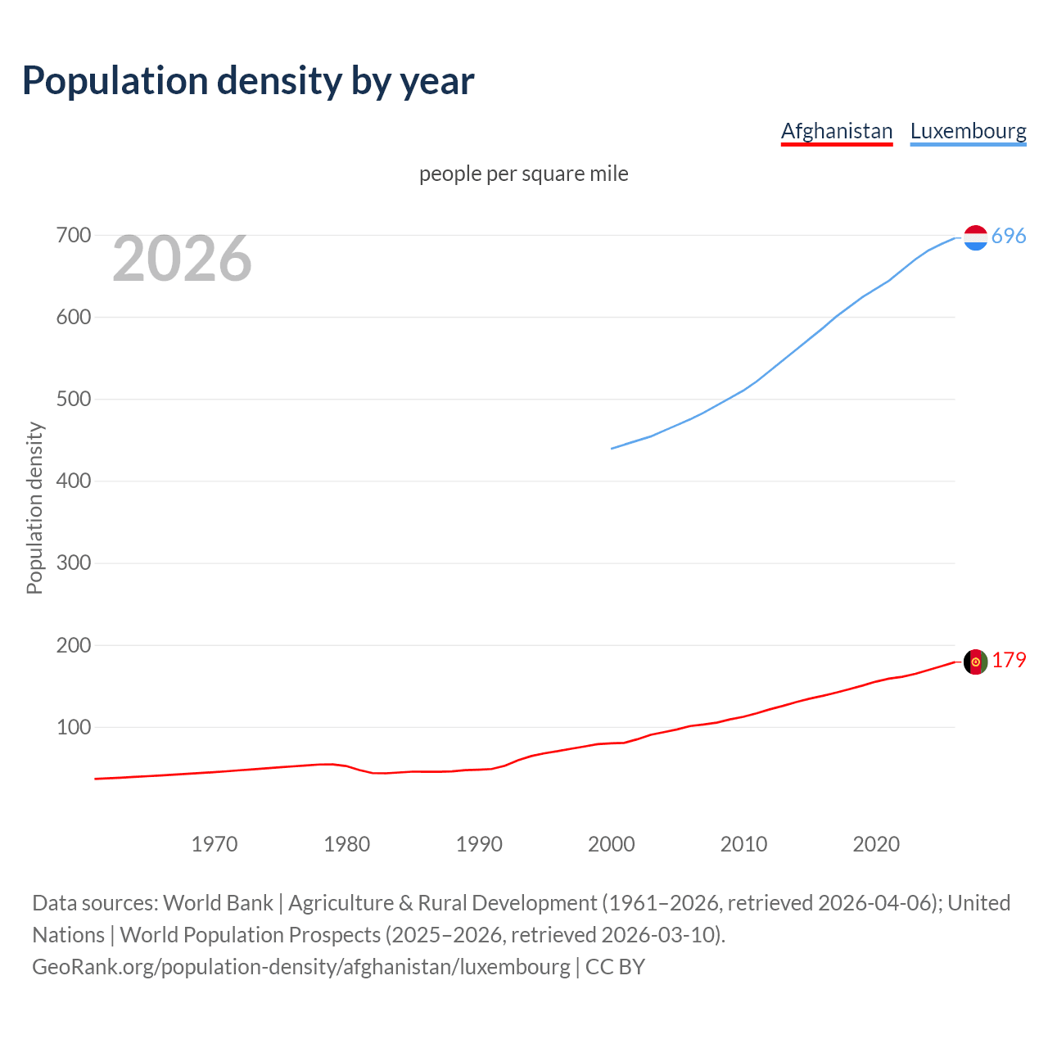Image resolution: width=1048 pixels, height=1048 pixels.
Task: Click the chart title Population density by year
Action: pos(248,81)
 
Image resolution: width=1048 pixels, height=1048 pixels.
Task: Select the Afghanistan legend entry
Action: pos(836,131)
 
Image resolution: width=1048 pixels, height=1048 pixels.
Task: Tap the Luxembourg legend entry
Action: pos(968,131)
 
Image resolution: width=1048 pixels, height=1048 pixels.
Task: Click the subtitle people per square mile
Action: pos(523,174)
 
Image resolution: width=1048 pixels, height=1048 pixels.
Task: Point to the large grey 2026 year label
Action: pos(182,259)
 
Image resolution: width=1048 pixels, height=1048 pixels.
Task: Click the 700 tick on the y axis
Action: pos(73,236)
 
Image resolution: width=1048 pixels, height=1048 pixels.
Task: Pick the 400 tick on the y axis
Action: pos(73,481)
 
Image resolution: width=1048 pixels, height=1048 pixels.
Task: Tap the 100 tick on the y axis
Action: pos(73,727)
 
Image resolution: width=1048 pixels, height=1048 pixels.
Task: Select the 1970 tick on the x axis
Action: pos(215,844)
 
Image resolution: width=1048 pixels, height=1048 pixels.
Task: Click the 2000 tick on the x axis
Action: pos(612,844)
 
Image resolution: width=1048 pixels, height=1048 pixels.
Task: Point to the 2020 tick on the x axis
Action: pos(876,844)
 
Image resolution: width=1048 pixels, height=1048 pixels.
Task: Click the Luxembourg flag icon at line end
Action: pos(975,237)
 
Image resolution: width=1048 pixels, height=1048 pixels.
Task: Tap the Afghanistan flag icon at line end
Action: pos(975,662)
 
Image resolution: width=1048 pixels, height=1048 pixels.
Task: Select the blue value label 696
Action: pos(1009,236)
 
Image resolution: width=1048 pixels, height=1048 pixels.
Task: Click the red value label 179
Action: pos(1009,660)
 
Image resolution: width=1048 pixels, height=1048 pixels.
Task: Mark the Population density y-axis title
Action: pos(34,508)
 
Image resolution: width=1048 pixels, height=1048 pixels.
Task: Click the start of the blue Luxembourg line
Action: pos(612,448)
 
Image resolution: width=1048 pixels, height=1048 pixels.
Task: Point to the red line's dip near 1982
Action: pos(375,773)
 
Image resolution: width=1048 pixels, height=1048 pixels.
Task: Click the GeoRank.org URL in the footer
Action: pos(301,967)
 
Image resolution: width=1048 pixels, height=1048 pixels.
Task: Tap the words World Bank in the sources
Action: pos(218,903)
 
